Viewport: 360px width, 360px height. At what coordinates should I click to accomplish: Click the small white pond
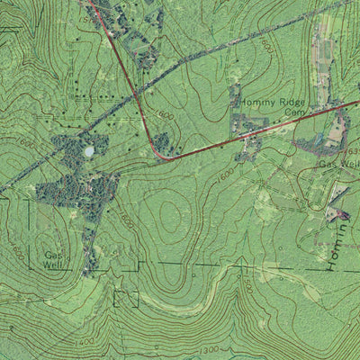(88, 151)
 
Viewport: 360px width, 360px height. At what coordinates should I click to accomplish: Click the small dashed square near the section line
(127, 298)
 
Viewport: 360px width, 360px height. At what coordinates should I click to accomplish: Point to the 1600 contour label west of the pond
(25, 144)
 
